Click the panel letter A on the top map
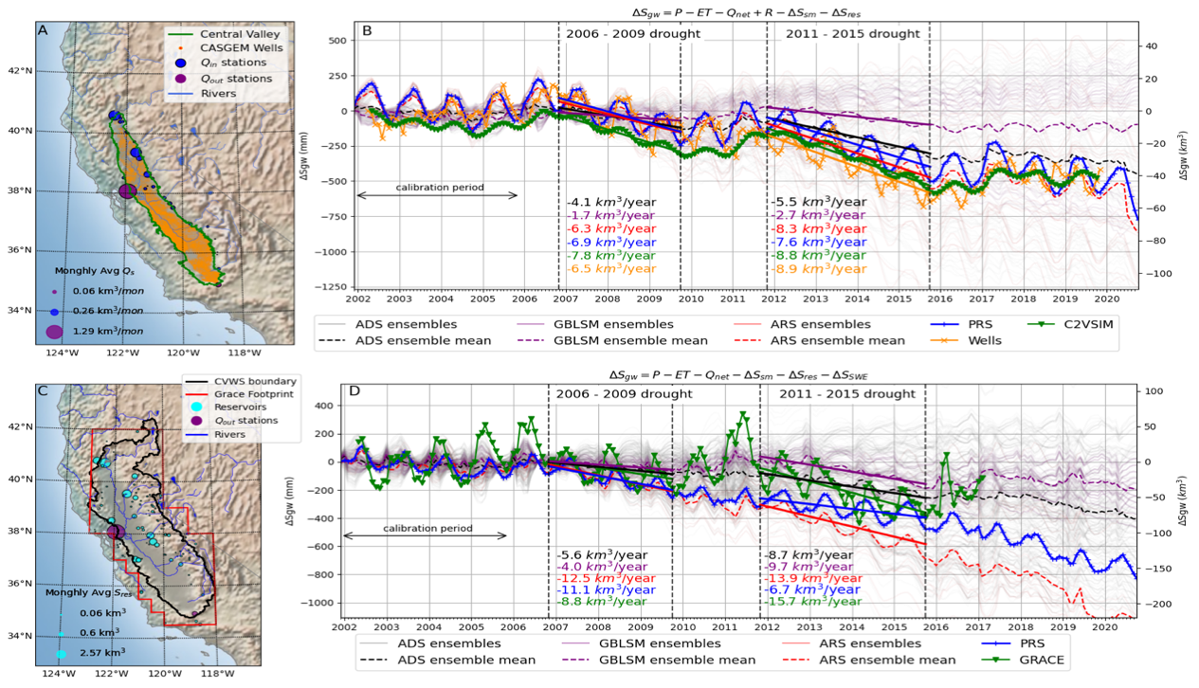tap(43, 28)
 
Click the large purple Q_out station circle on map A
tap(127, 191)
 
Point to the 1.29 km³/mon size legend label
tap(105, 331)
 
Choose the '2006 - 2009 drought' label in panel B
tap(632, 34)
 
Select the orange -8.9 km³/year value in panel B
tap(815, 269)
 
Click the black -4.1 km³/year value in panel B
tap(610, 202)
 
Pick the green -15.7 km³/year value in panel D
tap(813, 602)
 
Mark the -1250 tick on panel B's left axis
tap(328, 287)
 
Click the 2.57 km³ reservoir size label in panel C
tap(103, 653)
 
